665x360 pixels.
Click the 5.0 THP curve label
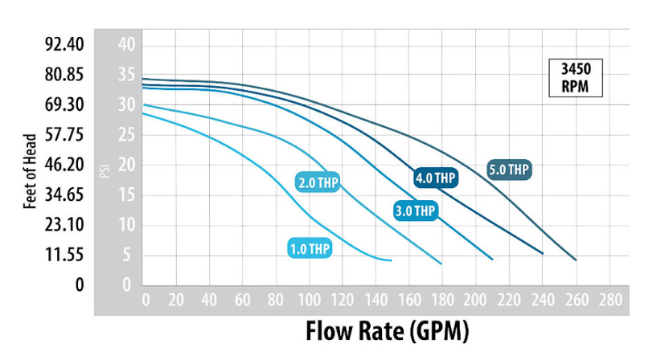pyautogui.click(x=509, y=170)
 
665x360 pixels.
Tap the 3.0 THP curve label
pyautogui.click(x=416, y=211)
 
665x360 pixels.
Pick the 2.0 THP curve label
pyautogui.click(x=318, y=182)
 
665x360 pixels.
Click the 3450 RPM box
pyautogui.click(x=575, y=78)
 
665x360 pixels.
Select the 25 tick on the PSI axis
pyautogui.click(x=125, y=134)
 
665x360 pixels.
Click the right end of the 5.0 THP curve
pyautogui.click(x=576, y=260)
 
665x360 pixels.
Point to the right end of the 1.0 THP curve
pyautogui.click(x=392, y=260)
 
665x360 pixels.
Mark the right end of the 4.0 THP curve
pyautogui.click(x=543, y=253)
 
